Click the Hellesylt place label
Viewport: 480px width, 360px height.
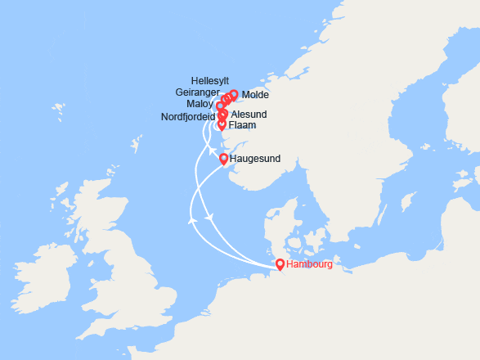point(209,81)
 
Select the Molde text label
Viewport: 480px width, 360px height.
point(255,96)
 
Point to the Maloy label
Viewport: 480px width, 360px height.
point(200,105)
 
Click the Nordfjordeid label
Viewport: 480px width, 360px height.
point(187,117)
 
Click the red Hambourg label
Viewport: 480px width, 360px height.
point(312,265)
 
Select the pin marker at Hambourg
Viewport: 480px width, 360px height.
point(280,264)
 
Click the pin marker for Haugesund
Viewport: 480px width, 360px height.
point(224,159)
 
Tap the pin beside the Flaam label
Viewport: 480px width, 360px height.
point(222,125)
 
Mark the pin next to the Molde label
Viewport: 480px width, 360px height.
point(234,95)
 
